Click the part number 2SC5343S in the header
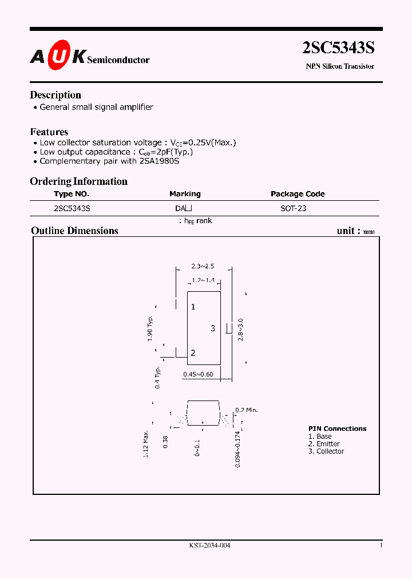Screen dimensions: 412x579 click(x=338, y=49)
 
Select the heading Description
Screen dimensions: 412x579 click(x=56, y=95)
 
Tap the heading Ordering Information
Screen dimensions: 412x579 click(x=78, y=181)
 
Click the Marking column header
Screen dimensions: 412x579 click(x=185, y=194)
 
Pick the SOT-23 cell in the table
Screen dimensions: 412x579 click(x=293, y=208)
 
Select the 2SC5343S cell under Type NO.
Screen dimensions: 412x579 click(x=72, y=208)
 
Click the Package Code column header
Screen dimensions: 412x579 click(x=298, y=194)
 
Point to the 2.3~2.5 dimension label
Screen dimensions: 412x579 click(x=203, y=266)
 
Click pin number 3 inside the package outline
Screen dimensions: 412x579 click(x=213, y=328)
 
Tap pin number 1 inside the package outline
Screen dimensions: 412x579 click(x=193, y=307)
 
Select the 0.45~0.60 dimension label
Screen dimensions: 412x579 click(x=198, y=374)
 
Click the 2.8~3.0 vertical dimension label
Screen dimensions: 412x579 click(x=241, y=330)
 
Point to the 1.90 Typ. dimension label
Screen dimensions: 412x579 click(x=150, y=328)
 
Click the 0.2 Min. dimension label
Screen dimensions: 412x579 click(x=247, y=410)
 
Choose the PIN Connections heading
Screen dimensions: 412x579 click(x=337, y=429)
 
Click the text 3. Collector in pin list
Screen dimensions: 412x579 click(x=326, y=451)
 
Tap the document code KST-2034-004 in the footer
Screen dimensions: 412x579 click(x=209, y=546)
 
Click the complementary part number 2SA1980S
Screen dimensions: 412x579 click(x=159, y=161)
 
